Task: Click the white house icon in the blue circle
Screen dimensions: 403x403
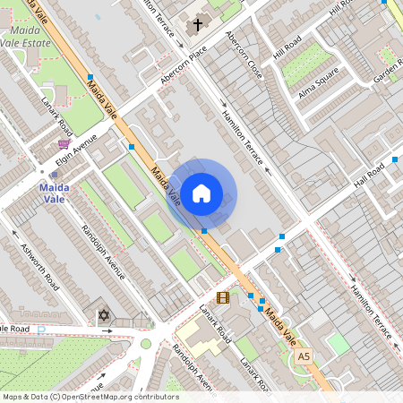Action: point(201,193)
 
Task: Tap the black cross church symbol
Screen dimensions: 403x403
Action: point(197,26)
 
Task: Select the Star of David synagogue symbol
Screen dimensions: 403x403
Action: point(102,315)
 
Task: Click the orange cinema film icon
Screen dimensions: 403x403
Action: point(222,297)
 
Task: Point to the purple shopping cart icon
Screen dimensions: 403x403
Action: point(64,143)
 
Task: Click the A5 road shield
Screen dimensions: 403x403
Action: point(304,356)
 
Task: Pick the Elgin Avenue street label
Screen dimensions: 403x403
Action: point(75,147)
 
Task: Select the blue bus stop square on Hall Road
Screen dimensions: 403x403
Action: point(394,160)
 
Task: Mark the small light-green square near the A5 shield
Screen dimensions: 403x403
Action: point(337,344)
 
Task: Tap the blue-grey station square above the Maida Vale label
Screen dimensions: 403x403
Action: point(55,174)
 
